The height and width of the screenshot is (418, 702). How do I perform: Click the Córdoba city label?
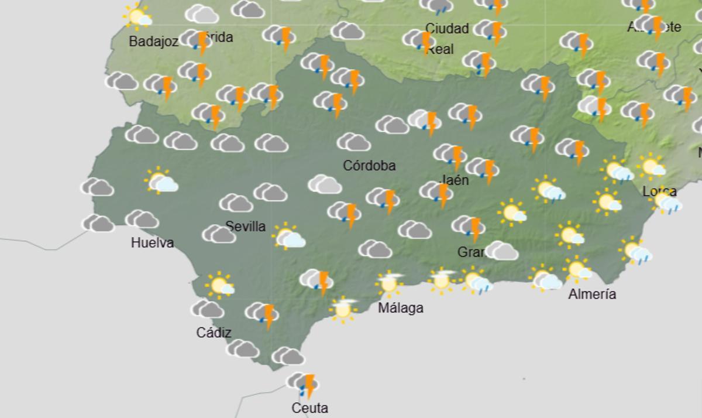click(369, 166)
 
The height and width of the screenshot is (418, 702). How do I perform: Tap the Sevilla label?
click(245, 227)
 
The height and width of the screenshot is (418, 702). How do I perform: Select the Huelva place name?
click(152, 242)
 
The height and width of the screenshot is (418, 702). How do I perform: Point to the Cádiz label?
click(214, 333)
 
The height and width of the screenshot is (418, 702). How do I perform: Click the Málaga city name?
click(400, 308)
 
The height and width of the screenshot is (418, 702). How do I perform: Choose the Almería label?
click(592, 294)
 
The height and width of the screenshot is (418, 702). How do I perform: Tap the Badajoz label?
click(153, 42)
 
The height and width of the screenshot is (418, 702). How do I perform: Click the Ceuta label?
click(309, 408)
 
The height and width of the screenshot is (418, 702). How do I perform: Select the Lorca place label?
click(659, 191)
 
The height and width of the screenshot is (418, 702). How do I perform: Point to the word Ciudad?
click(447, 29)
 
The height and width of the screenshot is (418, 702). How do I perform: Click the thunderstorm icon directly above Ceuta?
click(304, 385)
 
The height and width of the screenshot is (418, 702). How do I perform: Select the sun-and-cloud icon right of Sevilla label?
click(288, 237)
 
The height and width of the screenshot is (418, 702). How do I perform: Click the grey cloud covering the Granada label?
click(501, 251)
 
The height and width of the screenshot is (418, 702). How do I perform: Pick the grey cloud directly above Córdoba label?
click(353, 142)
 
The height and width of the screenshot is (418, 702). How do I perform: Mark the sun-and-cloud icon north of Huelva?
click(161, 182)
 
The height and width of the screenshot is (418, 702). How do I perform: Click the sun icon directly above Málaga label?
click(390, 284)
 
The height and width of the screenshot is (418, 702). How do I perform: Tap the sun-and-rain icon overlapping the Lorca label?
click(666, 202)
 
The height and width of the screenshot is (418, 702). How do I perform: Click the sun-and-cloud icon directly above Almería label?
click(578, 270)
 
